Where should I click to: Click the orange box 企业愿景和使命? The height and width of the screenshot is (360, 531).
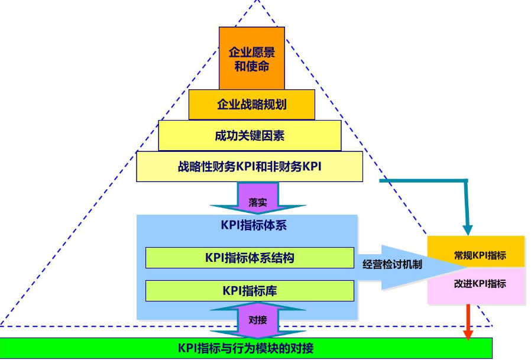[x=251, y=58]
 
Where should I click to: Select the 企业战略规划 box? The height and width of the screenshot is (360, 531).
[x=251, y=105]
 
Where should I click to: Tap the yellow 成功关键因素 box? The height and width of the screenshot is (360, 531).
[x=250, y=135]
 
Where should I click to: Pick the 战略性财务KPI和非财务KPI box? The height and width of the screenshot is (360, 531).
[x=249, y=167]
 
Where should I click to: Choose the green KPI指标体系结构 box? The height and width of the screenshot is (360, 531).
[x=250, y=258]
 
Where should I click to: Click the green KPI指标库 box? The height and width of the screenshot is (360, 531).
[x=250, y=291]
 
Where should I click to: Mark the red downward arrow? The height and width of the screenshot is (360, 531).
[x=468, y=322]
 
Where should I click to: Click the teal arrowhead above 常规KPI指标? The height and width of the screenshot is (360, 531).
[x=468, y=229]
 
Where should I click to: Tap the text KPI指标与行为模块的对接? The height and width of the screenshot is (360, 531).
[x=246, y=348]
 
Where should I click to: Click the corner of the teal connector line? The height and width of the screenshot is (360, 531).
[x=467, y=180]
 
